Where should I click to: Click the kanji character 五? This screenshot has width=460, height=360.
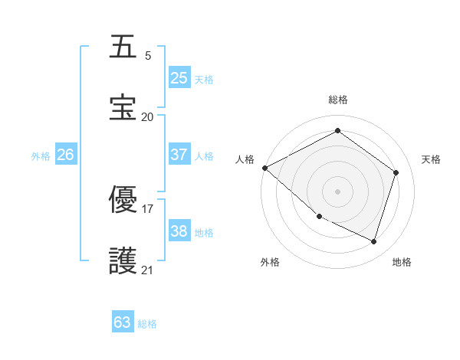pos(123,47)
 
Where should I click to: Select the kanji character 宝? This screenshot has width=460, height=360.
pos(123,107)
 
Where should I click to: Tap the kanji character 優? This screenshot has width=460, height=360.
pos(123,199)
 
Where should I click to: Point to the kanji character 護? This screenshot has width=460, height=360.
pos(123,260)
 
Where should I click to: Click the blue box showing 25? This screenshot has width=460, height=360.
pos(179,78)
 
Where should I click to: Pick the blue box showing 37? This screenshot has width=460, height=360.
pos(179,155)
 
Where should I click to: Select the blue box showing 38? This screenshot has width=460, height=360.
pos(179,231)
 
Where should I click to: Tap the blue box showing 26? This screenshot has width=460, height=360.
pos(66,155)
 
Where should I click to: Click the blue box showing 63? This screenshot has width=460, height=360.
pos(123,322)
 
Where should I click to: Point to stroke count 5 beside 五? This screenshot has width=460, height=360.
pos(148,56)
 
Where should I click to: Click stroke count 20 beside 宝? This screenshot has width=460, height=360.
pos(148,116)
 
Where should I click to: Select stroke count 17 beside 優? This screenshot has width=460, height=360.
pos(148,208)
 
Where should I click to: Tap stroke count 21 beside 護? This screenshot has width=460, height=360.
pos(148,270)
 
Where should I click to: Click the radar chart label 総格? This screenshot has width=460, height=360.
pos(338,100)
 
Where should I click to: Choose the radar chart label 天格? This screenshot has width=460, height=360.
pos(431,159)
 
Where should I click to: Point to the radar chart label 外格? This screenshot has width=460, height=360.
pos(270,262)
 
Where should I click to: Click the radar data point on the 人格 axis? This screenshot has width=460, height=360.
pos(264,168)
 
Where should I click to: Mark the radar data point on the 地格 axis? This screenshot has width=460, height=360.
pos(373,242)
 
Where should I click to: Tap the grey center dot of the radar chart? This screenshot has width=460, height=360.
pos(337,191)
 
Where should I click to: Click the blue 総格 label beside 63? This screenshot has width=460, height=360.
pos(147,324)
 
